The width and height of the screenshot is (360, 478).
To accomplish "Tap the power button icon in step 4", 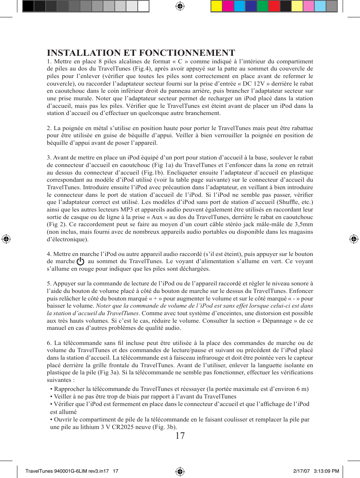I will (80, 261).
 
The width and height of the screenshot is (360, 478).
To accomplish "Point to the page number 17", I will (180, 436).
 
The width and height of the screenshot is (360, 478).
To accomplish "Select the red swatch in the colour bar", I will (274, 6).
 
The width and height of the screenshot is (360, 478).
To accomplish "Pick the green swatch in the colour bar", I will (262, 6).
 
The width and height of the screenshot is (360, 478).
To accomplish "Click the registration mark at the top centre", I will (180, 6).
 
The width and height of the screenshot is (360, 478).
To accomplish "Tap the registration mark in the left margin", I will (6, 239).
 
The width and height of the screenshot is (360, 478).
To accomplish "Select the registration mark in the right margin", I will (354, 239).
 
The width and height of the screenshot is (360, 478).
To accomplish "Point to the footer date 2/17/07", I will (302, 471).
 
